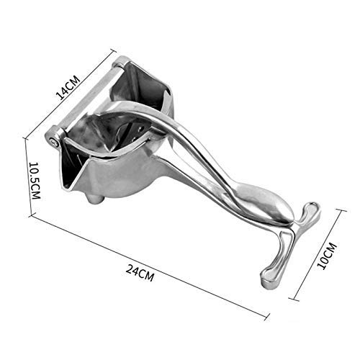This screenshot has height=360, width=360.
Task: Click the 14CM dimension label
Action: (68, 88)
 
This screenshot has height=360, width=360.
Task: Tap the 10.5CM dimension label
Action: (35, 181)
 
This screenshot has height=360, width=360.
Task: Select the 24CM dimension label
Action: (140, 273)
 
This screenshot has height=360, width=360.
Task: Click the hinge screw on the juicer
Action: (55, 142)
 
